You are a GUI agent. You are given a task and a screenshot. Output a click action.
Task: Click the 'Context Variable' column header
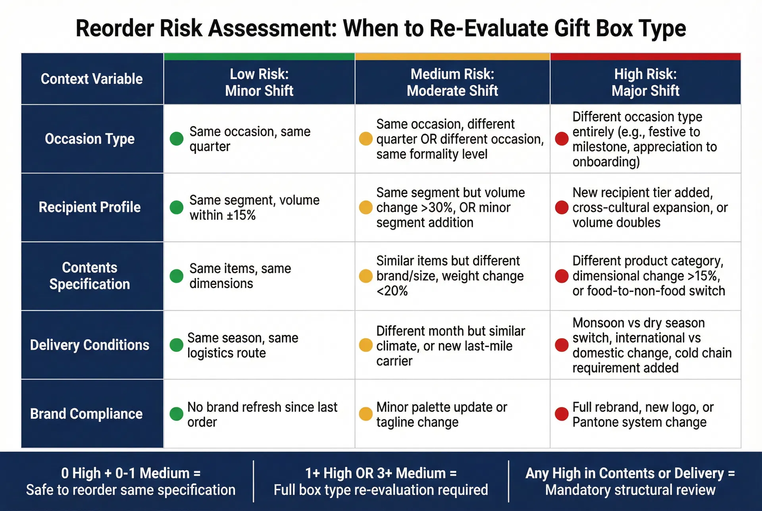pos(92,79)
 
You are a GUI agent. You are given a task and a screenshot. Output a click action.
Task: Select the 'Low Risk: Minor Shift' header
pos(259,83)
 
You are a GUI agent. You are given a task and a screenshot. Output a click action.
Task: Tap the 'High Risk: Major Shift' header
pos(645,83)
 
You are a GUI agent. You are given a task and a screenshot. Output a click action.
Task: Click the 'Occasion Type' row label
pos(90,139)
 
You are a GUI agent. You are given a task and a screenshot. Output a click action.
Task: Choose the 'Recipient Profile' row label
pos(90,207)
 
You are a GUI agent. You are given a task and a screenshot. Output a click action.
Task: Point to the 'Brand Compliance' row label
pos(86,414)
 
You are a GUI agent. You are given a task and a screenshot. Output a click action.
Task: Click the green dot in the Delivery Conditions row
pos(176,345)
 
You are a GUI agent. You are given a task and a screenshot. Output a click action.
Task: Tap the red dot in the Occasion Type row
pos(562,139)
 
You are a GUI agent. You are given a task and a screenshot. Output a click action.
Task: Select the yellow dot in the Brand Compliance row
pos(366,414)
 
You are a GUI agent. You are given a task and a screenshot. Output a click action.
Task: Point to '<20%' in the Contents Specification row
pos(392,291)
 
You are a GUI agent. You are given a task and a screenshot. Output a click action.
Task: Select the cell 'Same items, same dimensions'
pos(240,276)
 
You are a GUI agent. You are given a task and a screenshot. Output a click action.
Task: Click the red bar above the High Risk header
pos(645,57)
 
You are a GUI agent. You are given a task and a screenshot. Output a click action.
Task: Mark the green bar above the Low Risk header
pos(259,57)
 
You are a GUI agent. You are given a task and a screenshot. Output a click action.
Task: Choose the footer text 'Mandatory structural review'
pos(630,490)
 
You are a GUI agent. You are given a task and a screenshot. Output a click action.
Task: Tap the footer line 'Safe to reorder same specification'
pos(131,490)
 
